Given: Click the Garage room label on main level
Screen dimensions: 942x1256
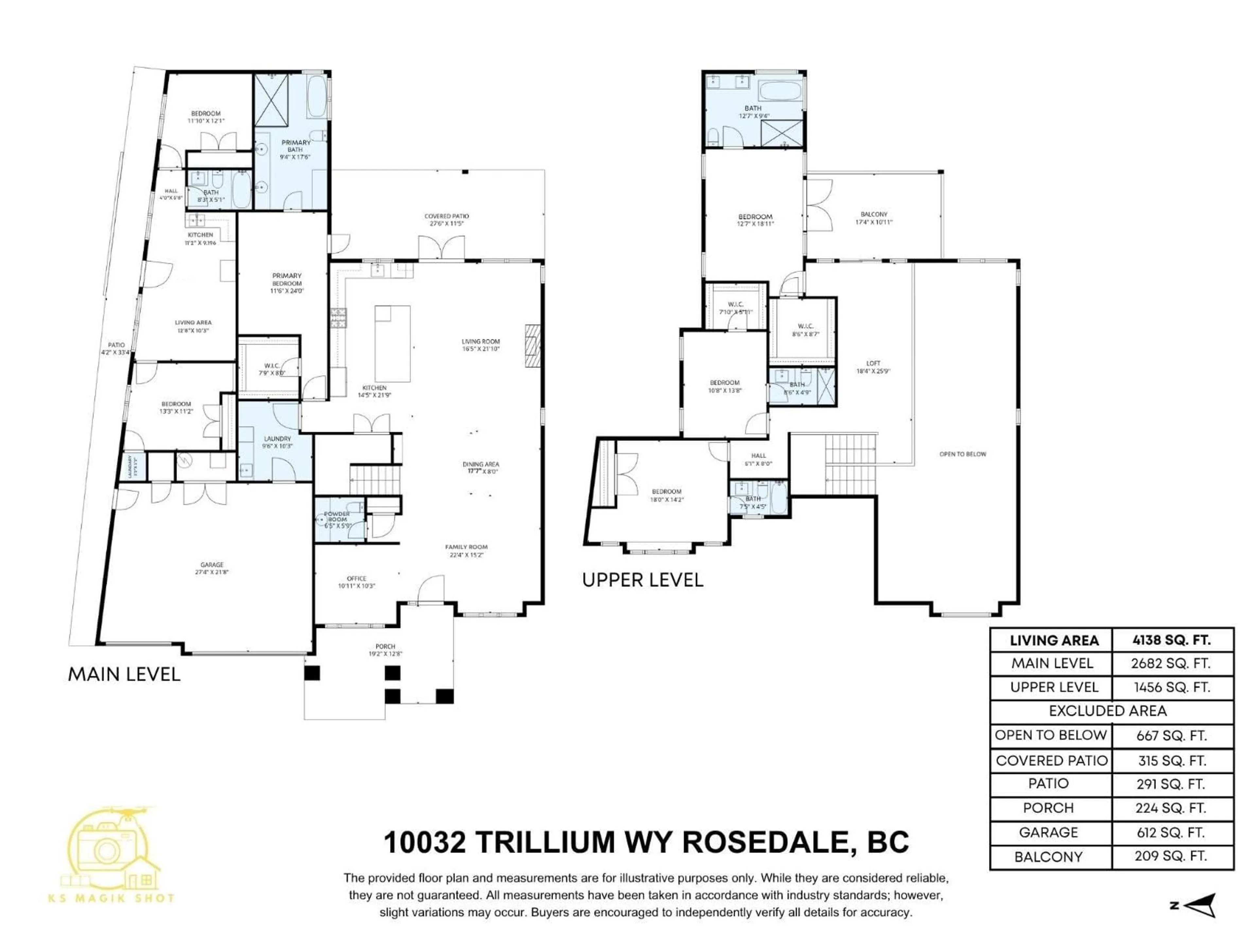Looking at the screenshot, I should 212,568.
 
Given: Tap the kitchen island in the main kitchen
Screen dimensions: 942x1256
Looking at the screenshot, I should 392,343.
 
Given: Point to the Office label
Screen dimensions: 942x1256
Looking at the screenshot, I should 357,582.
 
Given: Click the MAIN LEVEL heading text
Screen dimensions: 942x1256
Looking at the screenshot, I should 124,674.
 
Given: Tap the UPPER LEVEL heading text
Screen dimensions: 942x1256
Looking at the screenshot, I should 643,580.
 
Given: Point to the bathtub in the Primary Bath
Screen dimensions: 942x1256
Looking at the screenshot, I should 317,96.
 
